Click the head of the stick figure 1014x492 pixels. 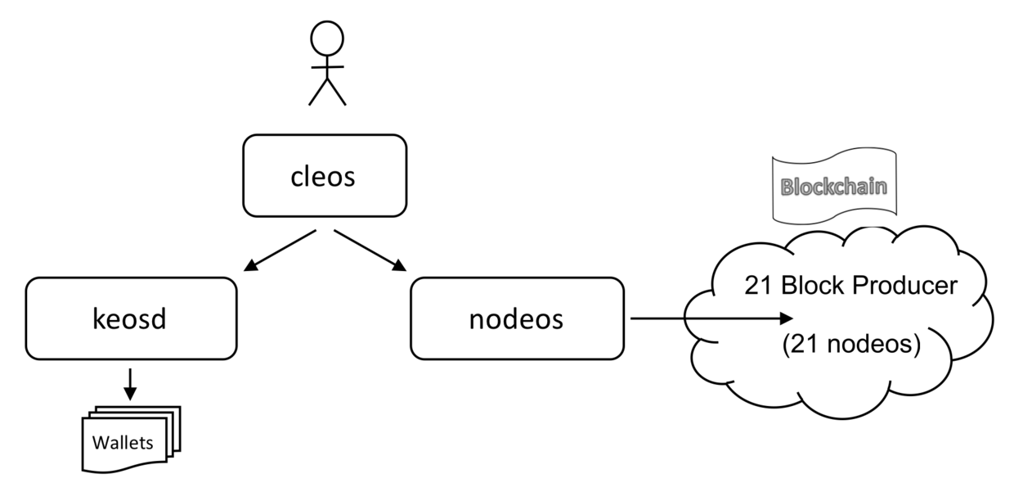click(326, 38)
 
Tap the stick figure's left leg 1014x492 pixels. click(317, 93)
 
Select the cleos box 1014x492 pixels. click(325, 176)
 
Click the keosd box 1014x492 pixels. click(131, 318)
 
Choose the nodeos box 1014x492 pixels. click(517, 318)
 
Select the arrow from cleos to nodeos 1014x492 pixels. click(370, 250)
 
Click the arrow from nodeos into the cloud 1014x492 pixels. click(711, 318)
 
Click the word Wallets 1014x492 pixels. click(122, 444)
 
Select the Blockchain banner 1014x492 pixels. click(833, 187)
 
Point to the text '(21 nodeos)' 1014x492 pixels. click(850, 345)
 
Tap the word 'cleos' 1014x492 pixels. click(325, 177)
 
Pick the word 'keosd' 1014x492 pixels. click(131, 318)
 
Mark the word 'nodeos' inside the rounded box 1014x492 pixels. click(517, 318)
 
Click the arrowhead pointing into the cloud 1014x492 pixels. click(787, 318)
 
